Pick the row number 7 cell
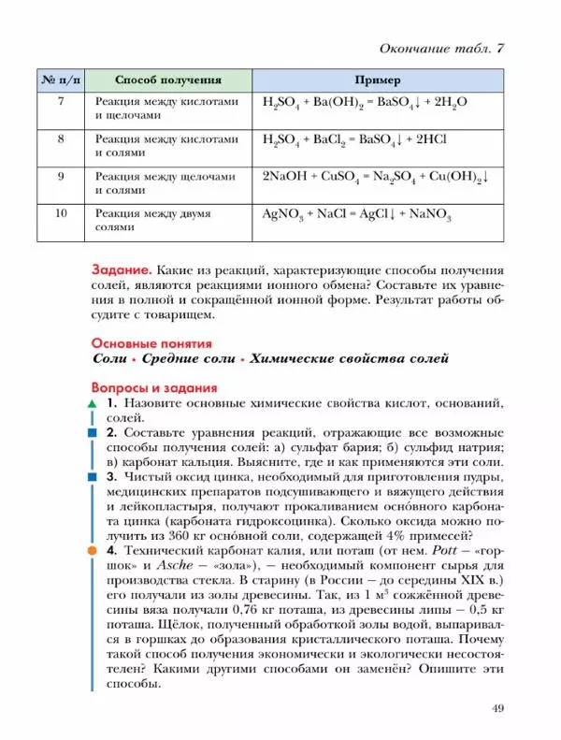pyautogui.click(x=60, y=102)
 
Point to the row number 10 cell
pyautogui.click(x=60, y=214)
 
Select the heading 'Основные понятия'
pyautogui.click(x=151, y=343)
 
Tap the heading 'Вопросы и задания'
pyautogui.click(x=154, y=387)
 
